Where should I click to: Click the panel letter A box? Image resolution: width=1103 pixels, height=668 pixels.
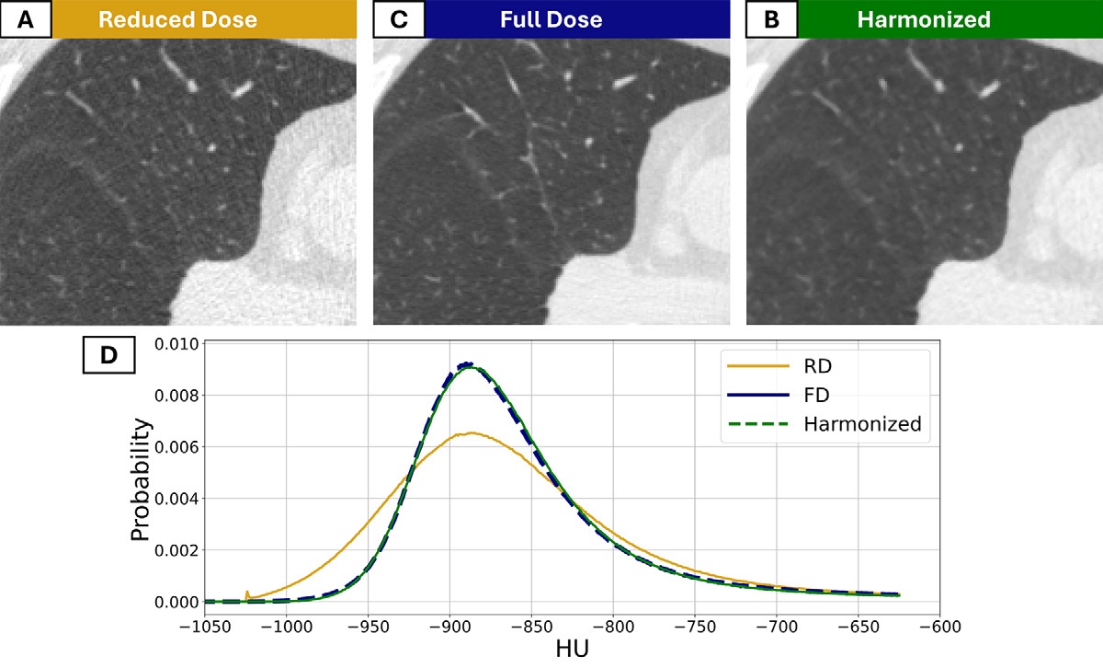pos(27,19)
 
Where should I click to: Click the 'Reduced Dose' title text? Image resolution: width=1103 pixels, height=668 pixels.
pos(178,19)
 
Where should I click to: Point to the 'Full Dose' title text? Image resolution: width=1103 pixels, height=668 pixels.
pos(551,19)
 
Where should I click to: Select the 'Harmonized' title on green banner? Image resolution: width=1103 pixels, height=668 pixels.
pos(923,19)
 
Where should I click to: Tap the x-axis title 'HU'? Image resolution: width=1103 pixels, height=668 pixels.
pos(571,650)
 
